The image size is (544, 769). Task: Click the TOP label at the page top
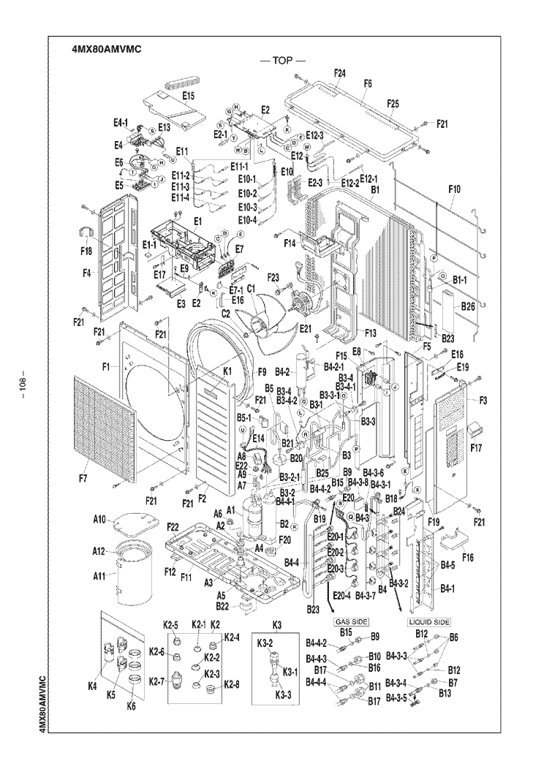[282, 61]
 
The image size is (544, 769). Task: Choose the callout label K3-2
[265, 643]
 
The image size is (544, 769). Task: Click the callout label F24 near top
[339, 73]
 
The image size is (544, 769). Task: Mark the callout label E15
[188, 96]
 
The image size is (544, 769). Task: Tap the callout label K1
[227, 373]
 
